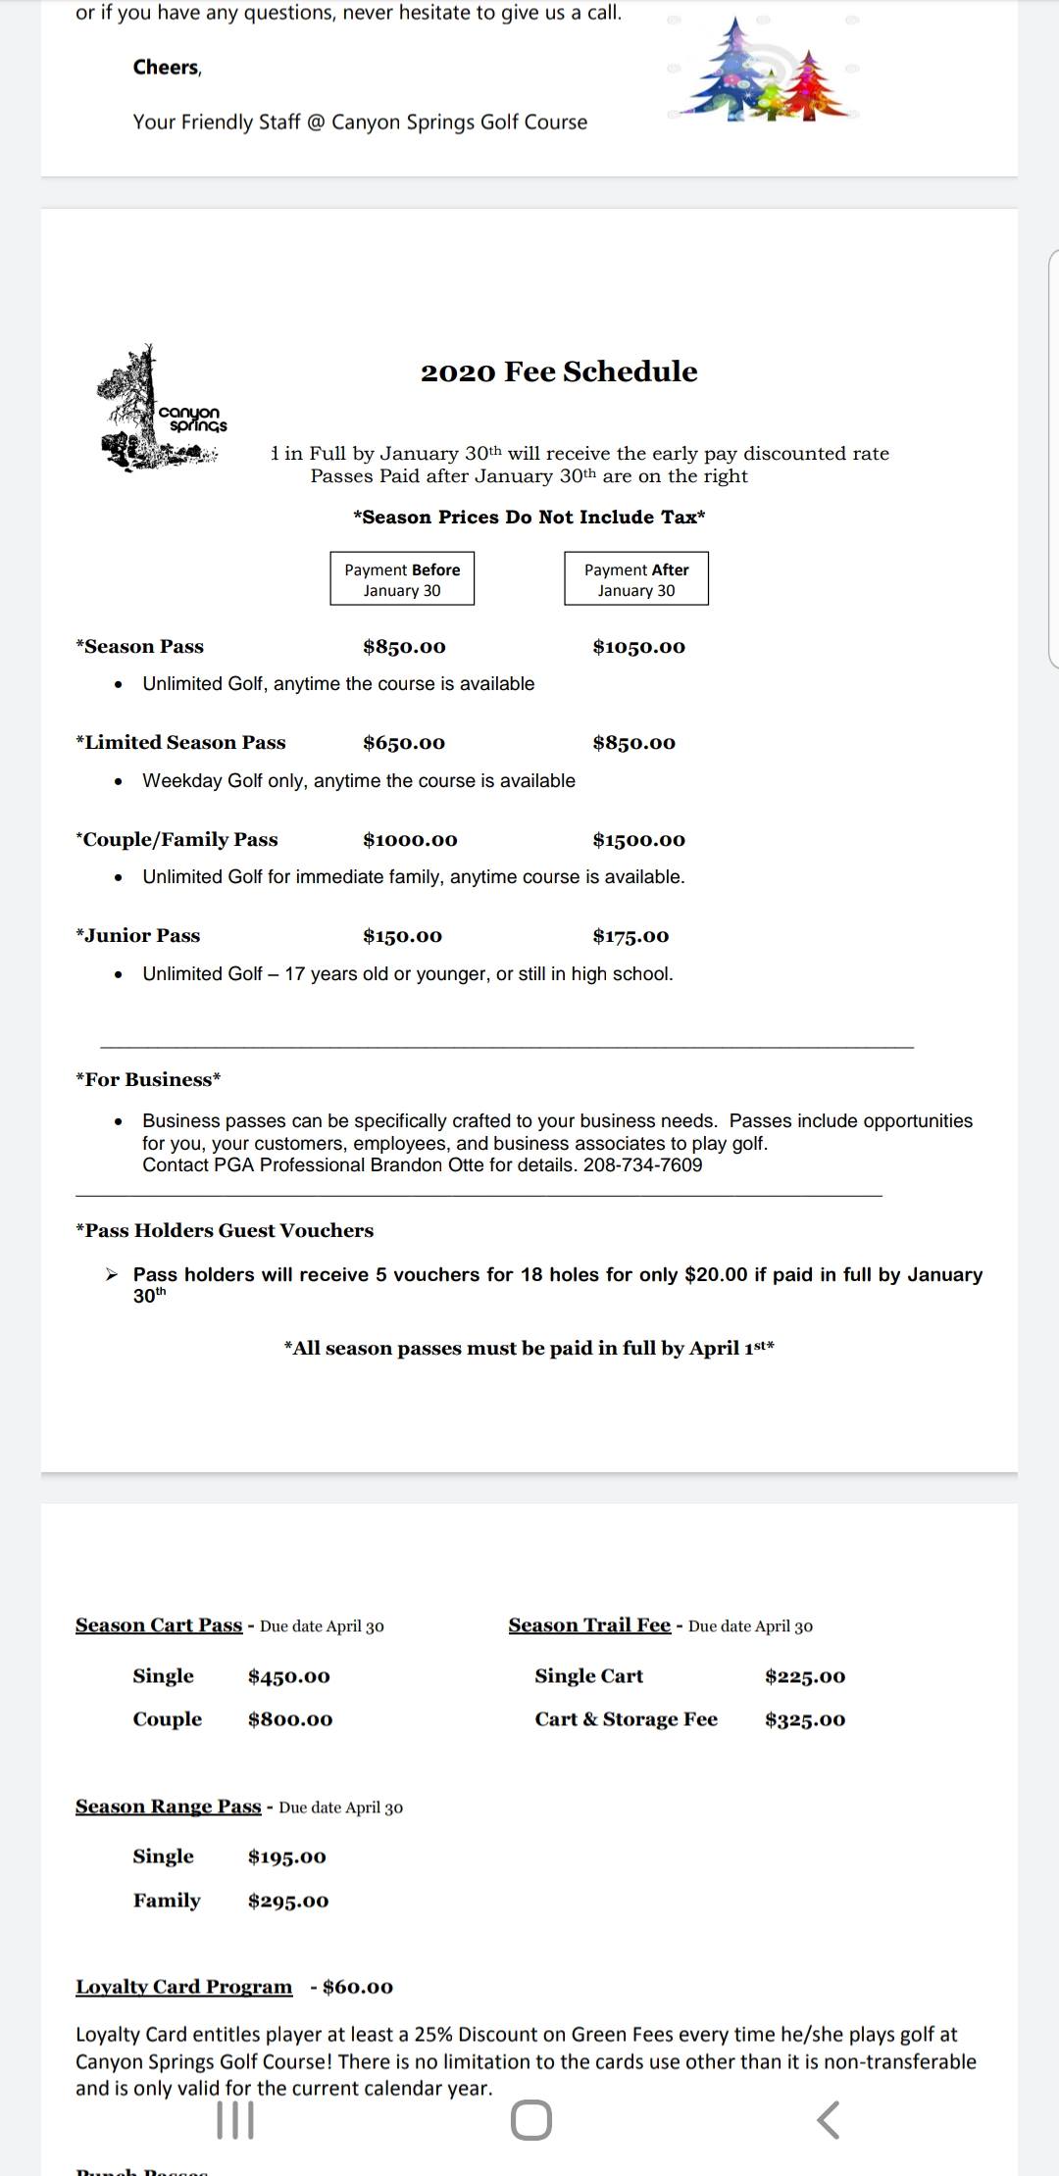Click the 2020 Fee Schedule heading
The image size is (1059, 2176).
click(559, 371)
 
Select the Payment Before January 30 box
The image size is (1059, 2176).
click(402, 579)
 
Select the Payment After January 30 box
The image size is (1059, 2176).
click(636, 579)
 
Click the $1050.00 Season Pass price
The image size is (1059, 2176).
click(639, 647)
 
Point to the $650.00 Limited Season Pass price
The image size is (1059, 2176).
click(404, 743)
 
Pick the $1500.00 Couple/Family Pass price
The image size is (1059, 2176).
click(639, 840)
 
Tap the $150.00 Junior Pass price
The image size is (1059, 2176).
click(402, 936)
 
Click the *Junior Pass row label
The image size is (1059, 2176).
click(138, 936)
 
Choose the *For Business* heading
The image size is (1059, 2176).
click(148, 1079)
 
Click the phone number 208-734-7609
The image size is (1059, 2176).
click(642, 1164)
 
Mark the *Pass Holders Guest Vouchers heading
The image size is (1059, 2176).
click(225, 1230)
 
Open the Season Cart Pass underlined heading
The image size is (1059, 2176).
click(159, 1625)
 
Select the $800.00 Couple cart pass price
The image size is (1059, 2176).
click(290, 1719)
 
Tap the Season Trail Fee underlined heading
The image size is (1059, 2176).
click(589, 1625)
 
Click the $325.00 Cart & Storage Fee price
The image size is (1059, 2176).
click(805, 1719)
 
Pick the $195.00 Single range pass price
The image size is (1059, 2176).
click(287, 1856)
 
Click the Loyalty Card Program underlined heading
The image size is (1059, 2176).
click(184, 1987)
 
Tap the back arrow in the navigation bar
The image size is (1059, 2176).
click(828, 2120)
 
